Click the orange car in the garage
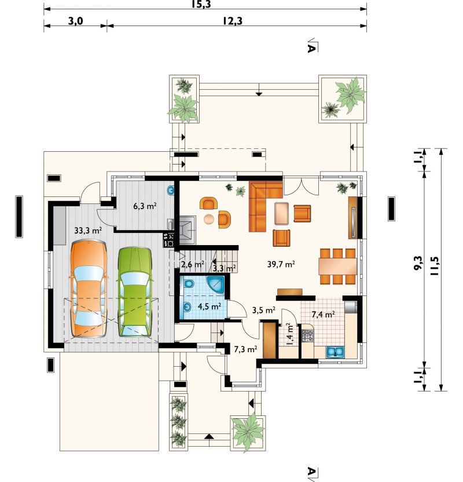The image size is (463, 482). coord(89,289)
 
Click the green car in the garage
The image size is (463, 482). coord(135,291)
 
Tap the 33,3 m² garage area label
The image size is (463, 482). coord(88,230)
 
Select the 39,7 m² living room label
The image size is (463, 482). coord(281,264)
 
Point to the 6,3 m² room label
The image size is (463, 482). coord(145,206)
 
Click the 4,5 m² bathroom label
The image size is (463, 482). coord(210,306)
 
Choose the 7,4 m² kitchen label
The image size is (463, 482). coord(323,314)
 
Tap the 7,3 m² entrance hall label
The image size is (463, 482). coord(245,349)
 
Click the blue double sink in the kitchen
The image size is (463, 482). coord(335,352)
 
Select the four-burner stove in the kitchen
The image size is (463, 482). coord(307,335)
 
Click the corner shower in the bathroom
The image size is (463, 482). coord(215,284)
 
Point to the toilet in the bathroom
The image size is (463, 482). coord(189,284)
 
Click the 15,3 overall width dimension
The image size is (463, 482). coord(202,4)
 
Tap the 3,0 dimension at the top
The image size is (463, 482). coord(76,21)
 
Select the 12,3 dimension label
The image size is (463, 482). coord(233,21)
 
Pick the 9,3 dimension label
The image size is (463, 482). coord(418,263)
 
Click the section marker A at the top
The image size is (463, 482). coord(312,47)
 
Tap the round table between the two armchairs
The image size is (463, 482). coord(209,218)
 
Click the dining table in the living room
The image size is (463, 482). coord(337,266)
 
